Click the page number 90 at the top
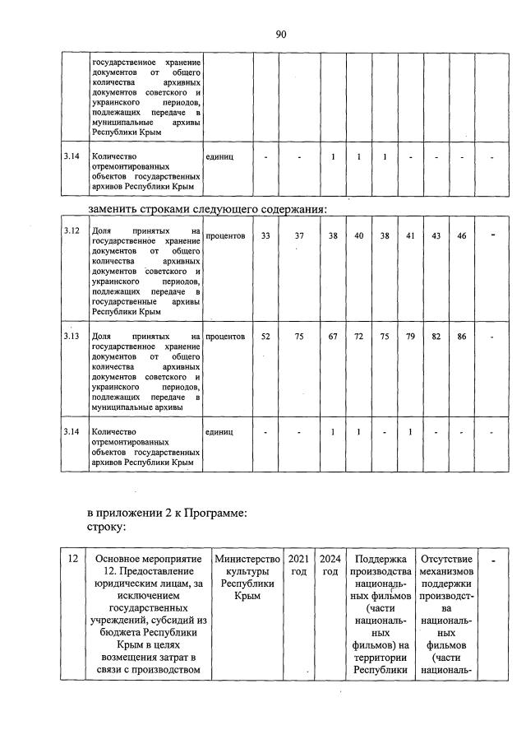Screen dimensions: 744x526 [280, 34]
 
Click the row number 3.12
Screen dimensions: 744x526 [72, 233]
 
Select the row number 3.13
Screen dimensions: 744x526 [72, 336]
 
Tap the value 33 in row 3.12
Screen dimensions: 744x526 [265, 235]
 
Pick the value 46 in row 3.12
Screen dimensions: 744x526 [462, 235]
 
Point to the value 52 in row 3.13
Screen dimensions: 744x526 [265, 336]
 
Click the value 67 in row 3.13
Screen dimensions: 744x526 [333, 336]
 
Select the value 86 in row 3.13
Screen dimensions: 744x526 [462, 336]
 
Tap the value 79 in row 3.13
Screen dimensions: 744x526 [410, 336]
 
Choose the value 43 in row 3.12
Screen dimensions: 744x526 [436, 235]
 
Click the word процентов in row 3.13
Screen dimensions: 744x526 [225, 336]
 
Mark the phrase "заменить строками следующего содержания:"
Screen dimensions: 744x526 [209, 209]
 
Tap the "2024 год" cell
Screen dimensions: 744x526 [330, 565]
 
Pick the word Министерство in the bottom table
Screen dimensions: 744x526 [247, 560]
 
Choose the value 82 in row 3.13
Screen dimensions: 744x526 [436, 336]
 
